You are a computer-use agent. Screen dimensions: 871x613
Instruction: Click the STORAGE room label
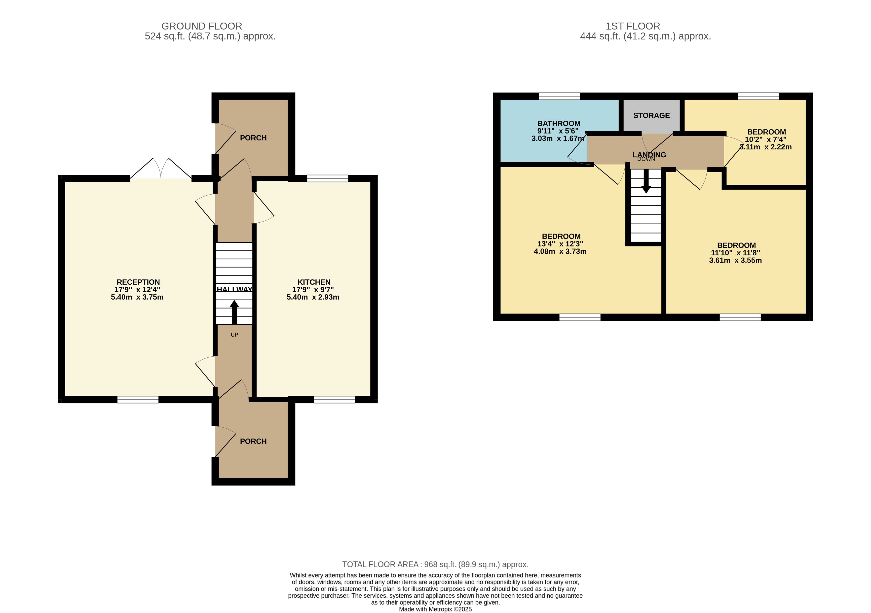click(651, 115)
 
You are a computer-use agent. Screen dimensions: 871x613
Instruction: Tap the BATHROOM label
click(559, 123)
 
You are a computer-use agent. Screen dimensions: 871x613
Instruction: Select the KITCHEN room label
click(314, 282)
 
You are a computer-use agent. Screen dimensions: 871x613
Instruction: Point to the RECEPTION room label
click(138, 282)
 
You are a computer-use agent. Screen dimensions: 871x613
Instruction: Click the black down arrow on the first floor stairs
click(646, 181)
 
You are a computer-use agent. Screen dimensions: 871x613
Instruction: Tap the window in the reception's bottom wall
click(138, 400)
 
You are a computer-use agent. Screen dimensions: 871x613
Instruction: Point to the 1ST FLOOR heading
click(633, 26)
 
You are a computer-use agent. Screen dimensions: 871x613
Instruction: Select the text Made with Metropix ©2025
click(436, 610)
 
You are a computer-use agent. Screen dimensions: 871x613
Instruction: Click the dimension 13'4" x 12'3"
click(560, 244)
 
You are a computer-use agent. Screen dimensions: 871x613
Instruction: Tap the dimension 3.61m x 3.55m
click(736, 260)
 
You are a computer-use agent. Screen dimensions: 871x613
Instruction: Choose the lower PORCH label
click(253, 441)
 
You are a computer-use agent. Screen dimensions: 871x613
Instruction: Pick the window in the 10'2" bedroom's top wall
click(759, 96)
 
